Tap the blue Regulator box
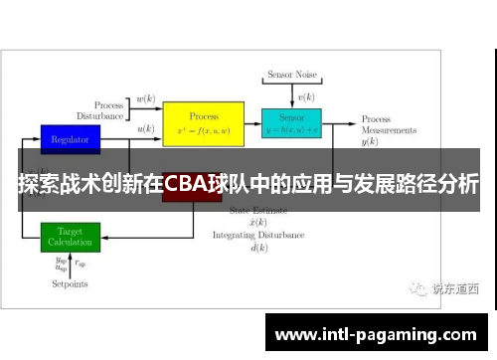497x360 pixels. coord(70,138)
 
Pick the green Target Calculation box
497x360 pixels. coord(70,237)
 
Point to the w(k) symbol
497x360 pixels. coord(145,98)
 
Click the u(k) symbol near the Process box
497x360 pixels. coord(145,128)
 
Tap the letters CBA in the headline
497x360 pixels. coord(186,184)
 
